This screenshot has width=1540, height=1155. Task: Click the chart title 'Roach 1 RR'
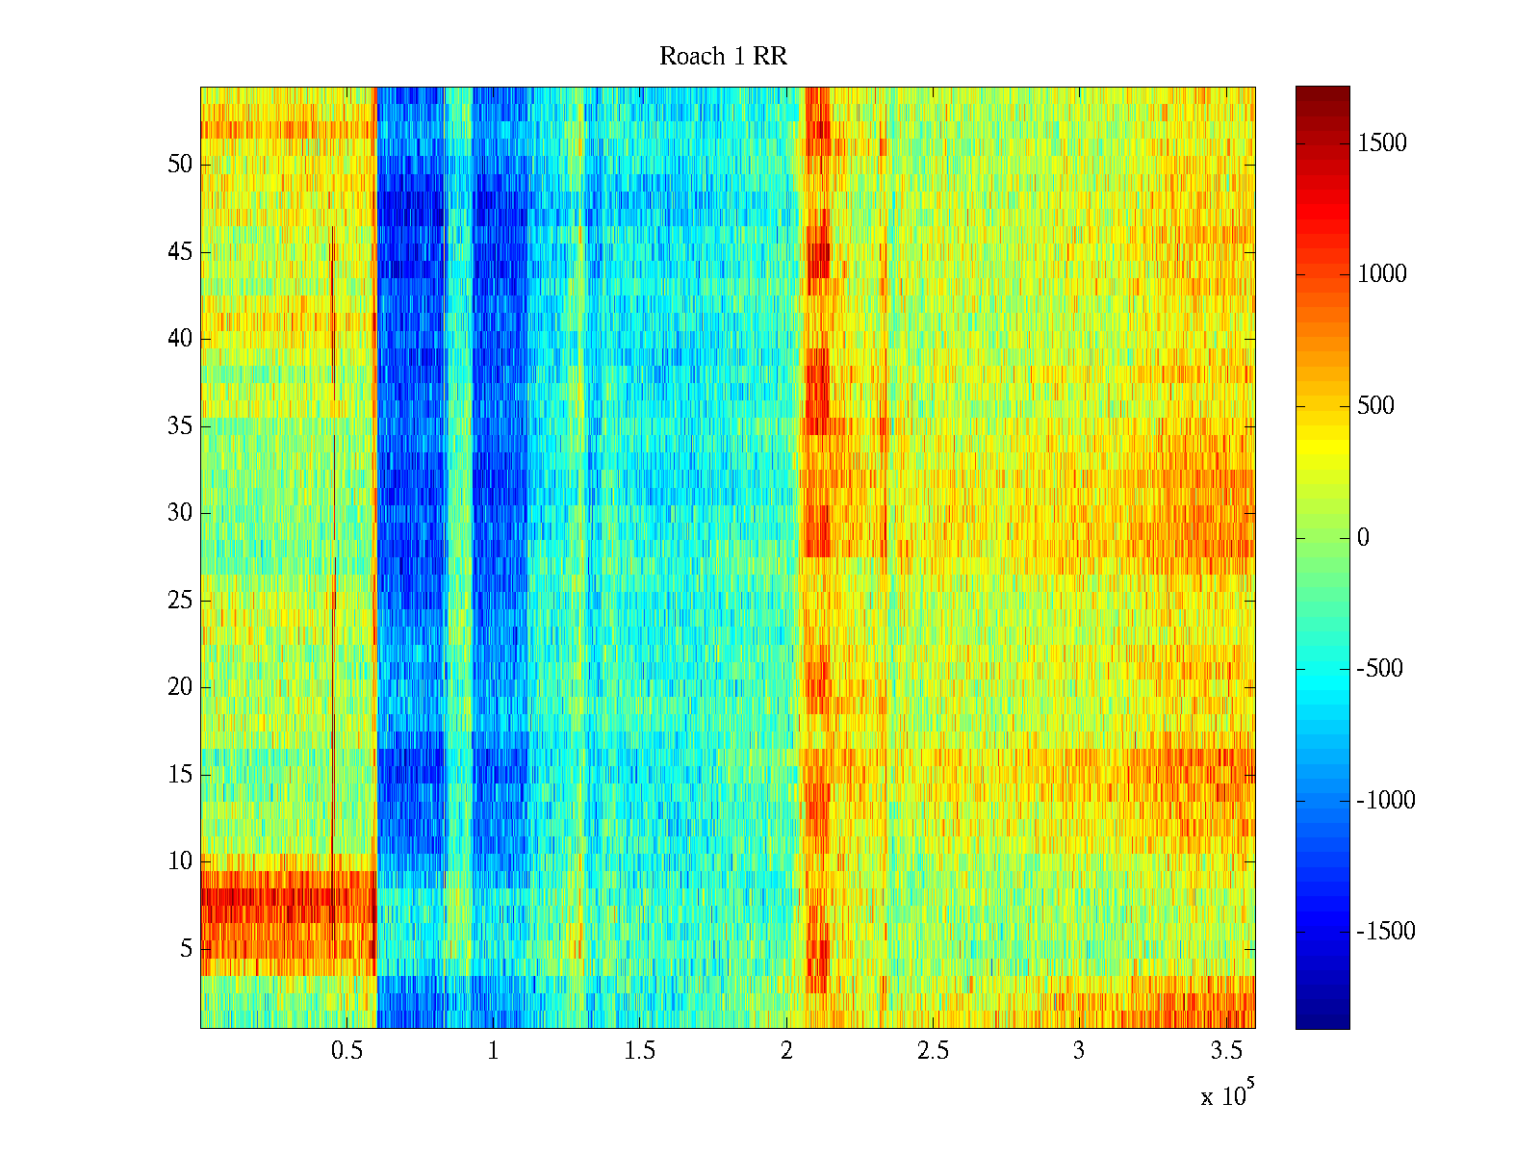coord(723,57)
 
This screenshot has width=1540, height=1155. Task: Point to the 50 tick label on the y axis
coord(180,165)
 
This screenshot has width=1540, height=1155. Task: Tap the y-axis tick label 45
coord(180,252)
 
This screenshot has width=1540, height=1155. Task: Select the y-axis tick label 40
coord(180,339)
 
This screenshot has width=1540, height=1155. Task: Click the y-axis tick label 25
coord(180,601)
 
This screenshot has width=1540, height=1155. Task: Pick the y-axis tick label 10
coord(180,861)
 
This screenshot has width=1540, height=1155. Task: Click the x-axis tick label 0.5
coord(346,1051)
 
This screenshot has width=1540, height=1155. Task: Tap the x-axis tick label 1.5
coord(639,1051)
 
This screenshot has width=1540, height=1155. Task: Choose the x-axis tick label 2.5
coord(933,1051)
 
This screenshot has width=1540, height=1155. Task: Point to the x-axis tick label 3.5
coord(1225,1051)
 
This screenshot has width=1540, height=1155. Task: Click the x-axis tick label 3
coord(1079,1051)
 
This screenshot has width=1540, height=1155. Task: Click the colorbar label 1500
coord(1382,143)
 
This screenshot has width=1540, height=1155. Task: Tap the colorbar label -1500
coord(1386,932)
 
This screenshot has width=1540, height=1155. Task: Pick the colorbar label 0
coord(1363,538)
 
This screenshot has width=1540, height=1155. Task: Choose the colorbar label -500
coord(1379,669)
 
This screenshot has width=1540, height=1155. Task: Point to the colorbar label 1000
coord(1382,274)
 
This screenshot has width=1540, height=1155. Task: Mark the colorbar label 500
coord(1375,406)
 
